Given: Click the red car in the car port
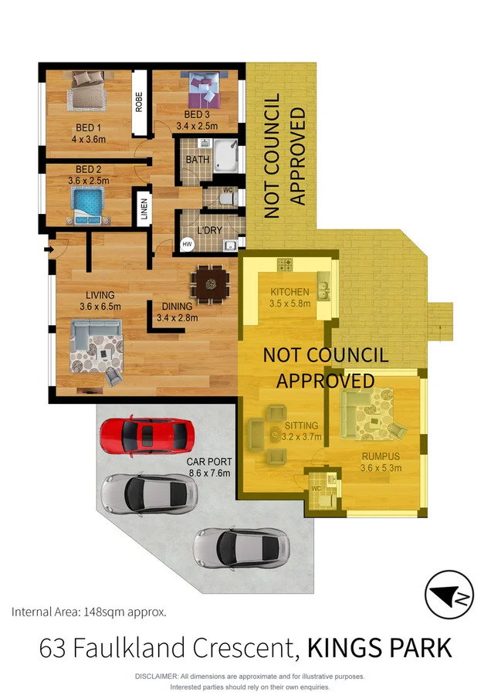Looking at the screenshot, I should (x=146, y=436).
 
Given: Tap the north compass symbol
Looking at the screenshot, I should (x=449, y=595).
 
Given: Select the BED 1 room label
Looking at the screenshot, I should (x=88, y=128).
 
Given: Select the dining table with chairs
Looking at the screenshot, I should (x=209, y=283).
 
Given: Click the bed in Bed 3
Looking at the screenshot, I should (x=201, y=90).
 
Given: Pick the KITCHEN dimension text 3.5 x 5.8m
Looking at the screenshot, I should (x=290, y=303).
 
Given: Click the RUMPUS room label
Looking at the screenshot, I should (x=381, y=456).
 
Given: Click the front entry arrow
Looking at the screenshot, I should (x=49, y=249).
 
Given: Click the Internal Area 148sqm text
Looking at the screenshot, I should (x=89, y=612).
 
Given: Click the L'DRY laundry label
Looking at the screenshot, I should (x=209, y=231).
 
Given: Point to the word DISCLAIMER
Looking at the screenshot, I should (x=157, y=676).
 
